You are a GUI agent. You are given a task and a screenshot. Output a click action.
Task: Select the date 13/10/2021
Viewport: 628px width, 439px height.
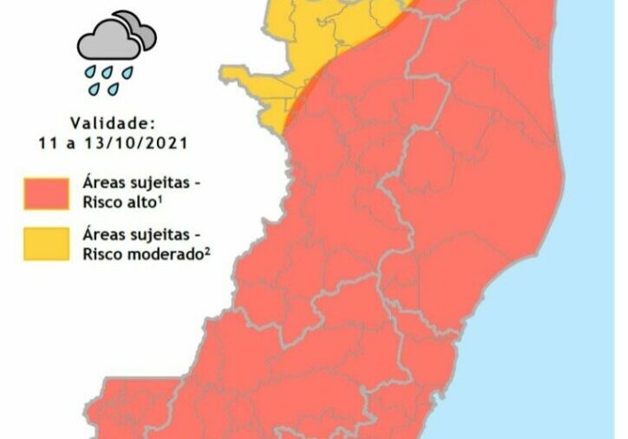144,141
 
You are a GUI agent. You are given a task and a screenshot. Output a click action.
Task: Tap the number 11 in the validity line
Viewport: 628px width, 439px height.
47,141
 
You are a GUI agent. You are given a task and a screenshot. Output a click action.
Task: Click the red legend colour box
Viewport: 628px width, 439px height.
47,194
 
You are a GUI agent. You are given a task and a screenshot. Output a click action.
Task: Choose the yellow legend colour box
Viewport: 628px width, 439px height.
47,244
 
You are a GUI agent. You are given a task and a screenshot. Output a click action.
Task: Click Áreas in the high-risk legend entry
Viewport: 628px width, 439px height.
102,185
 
